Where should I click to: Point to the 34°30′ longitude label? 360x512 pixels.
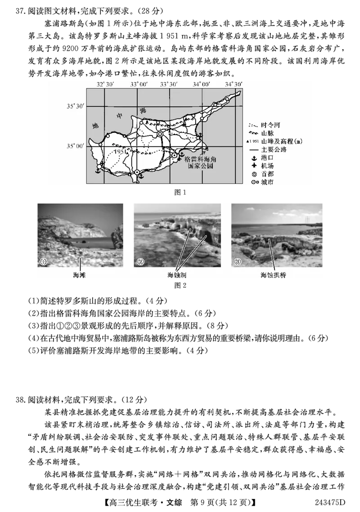[x=234, y=84]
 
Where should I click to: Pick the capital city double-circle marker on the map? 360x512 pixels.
[x=160, y=134]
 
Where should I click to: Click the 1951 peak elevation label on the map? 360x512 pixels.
[x=119, y=152]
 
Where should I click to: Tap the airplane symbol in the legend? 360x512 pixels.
[x=253, y=166]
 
